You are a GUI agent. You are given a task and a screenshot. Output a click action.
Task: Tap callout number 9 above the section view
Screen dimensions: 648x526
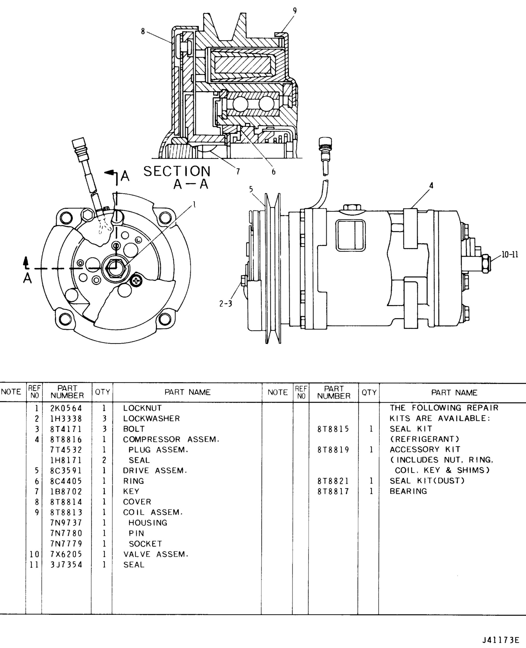tap(294, 11)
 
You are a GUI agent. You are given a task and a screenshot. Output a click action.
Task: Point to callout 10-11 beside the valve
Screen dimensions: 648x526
tap(510, 255)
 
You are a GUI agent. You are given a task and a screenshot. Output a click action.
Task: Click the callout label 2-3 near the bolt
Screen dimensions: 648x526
tap(226, 304)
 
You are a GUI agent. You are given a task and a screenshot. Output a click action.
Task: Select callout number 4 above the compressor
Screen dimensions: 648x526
tap(431, 185)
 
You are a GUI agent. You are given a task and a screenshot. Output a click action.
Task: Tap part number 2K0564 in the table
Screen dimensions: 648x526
tap(66, 408)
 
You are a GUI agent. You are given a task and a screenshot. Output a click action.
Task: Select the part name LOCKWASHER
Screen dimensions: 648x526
tap(151, 418)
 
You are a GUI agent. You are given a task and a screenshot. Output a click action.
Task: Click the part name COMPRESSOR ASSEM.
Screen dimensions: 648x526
tap(171, 439)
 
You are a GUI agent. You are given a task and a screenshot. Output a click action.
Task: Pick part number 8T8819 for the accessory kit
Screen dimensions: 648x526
tap(333, 449)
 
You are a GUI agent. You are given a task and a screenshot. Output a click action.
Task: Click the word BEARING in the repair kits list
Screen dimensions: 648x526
tap(408, 491)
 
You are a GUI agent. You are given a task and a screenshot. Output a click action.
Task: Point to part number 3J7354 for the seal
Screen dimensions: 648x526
tap(66, 565)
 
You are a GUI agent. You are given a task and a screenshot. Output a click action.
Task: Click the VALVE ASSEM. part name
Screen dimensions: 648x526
tap(156, 554)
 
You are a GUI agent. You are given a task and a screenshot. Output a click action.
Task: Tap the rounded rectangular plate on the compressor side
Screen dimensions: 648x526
tap(351, 235)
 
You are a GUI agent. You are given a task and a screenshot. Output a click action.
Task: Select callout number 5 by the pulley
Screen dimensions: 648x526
tap(251, 189)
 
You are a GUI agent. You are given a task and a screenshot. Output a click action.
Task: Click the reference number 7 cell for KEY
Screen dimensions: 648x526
tap(37, 491)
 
